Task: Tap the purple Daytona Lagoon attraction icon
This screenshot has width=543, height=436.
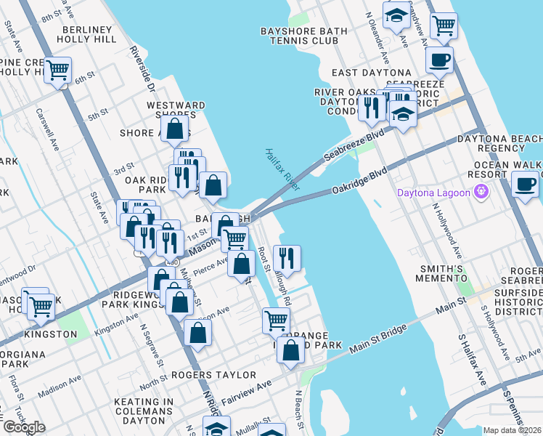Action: pos(480,193)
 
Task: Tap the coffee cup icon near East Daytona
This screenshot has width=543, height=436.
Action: pos(440,60)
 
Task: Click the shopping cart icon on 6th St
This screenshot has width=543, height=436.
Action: pos(57,70)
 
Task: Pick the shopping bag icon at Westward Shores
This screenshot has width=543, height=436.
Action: pos(175,129)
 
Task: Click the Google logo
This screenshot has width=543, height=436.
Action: pos(25,427)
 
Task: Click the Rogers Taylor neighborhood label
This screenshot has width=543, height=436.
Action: pos(213,375)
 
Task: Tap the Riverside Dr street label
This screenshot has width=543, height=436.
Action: pos(142,70)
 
